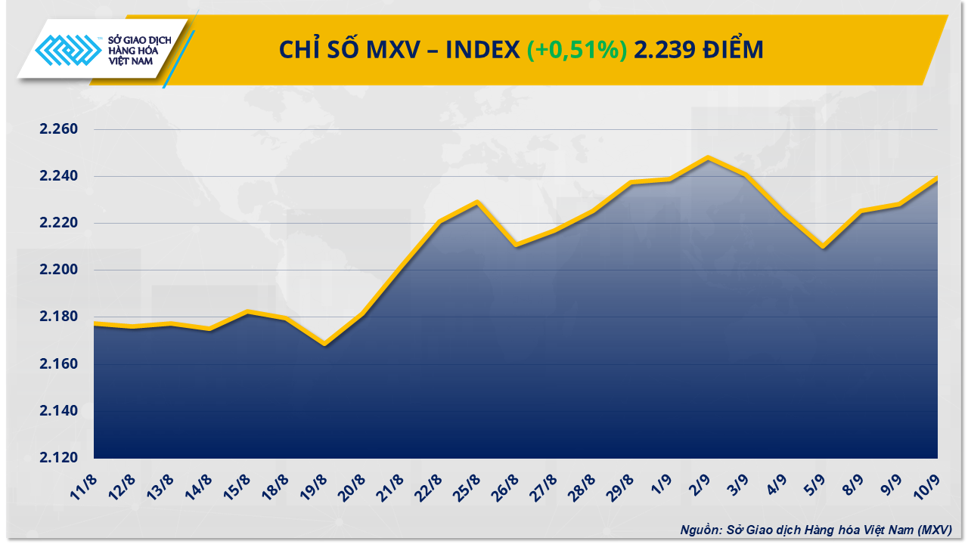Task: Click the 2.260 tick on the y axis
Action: coord(59,130)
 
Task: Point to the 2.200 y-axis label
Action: coord(59,270)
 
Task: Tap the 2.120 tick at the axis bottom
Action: coord(59,458)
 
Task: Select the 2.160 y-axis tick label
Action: coord(59,364)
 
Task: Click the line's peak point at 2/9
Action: coord(708,158)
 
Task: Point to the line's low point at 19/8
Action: coord(324,344)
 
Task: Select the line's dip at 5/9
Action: coord(823,247)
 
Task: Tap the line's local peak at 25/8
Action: coord(477,202)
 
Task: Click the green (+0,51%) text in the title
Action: coord(576,50)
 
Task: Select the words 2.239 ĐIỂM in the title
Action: coord(699,50)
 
